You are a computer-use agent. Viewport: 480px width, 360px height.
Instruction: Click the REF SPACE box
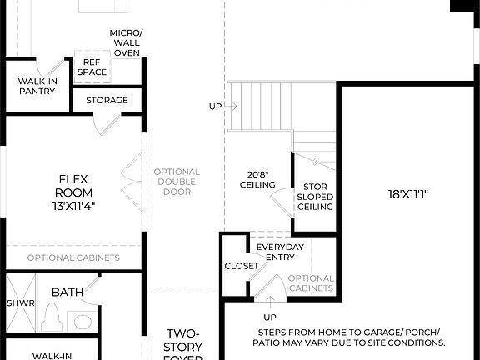pyautogui.click(x=92, y=67)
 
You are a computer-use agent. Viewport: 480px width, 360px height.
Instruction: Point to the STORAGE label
pyautogui.click(x=107, y=100)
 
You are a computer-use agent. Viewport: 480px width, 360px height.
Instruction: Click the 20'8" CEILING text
pyautogui.click(x=257, y=178)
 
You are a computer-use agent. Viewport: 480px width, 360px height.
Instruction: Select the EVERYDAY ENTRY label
pyautogui.click(x=279, y=252)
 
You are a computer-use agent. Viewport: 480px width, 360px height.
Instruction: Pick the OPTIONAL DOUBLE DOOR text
pyautogui.click(x=177, y=182)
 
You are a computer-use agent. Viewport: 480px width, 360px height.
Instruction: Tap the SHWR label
pyautogui.click(x=21, y=303)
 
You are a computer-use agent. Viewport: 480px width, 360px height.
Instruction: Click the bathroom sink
pyautogui.click(x=82, y=321)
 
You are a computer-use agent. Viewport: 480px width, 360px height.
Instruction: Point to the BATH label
pyautogui.click(x=67, y=292)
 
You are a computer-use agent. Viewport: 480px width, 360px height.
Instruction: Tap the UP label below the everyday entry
pyautogui.click(x=270, y=317)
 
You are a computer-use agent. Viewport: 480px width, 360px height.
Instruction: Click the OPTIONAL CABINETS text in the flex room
pyautogui.click(x=73, y=257)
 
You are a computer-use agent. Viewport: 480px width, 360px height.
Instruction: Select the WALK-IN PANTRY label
pyautogui.click(x=37, y=86)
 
